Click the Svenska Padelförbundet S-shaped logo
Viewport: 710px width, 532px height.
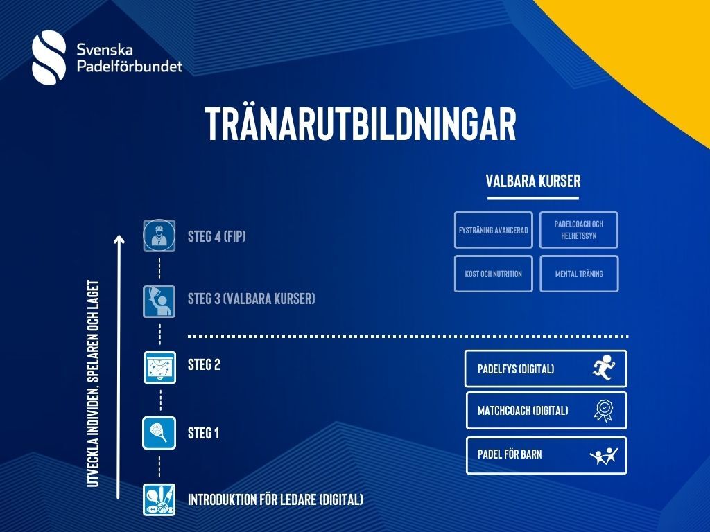[49, 57]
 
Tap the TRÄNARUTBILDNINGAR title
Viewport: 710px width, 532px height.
[361, 123]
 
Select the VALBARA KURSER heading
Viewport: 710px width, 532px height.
[533, 181]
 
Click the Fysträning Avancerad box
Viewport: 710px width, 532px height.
[494, 230]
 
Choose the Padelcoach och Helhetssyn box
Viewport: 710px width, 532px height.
[579, 230]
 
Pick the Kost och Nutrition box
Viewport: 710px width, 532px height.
[494, 274]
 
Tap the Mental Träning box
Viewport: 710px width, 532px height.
[579, 274]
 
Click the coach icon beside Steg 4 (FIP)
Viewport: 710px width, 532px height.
[159, 236]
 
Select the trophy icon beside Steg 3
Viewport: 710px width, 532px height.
[159, 301]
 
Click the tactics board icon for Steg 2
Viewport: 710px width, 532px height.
[160, 367]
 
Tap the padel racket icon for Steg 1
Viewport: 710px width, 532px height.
[159, 434]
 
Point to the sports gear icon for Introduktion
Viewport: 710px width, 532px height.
[159, 499]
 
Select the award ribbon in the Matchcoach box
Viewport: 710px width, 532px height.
[604, 411]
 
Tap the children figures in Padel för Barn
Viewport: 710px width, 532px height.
[604, 456]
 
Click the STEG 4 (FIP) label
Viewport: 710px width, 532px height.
[217, 236]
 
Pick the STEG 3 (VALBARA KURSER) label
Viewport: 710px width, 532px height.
[251, 299]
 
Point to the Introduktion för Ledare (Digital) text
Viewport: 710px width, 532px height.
[275, 499]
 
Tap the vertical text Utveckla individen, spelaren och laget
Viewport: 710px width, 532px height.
[93, 384]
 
